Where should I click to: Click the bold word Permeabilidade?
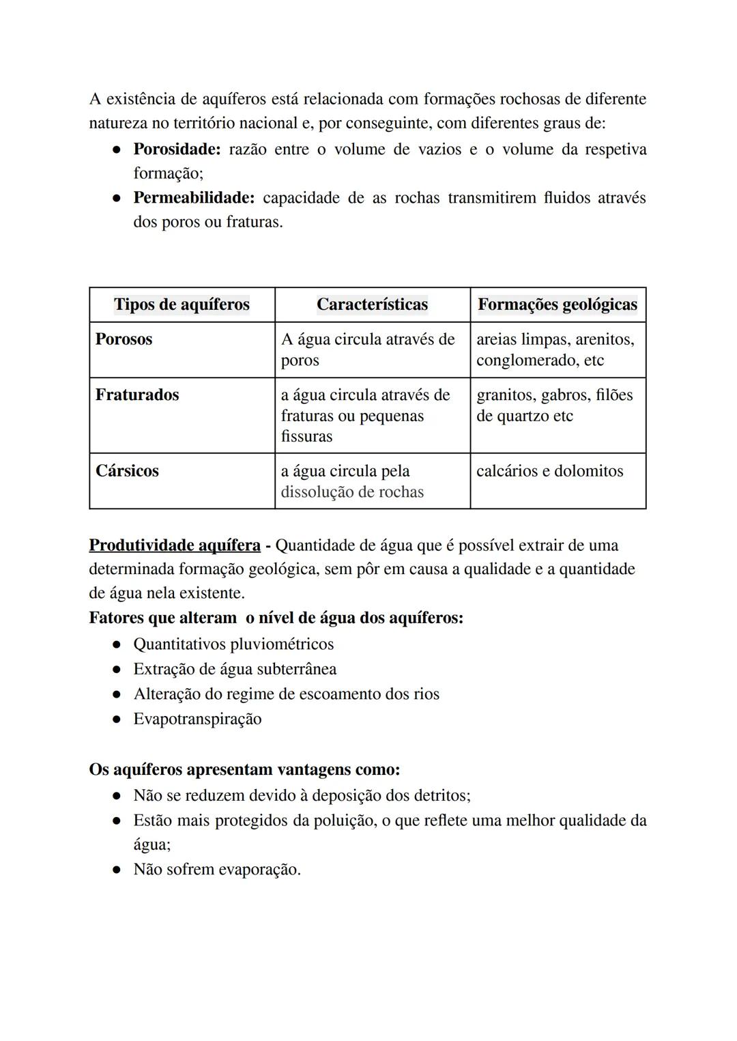(x=194, y=198)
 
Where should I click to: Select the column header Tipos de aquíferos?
(x=182, y=304)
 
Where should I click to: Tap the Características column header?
(x=372, y=304)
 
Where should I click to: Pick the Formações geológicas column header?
(x=557, y=304)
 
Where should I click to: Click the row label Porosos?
(x=124, y=339)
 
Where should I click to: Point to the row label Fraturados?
(x=137, y=395)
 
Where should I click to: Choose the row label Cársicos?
(x=127, y=471)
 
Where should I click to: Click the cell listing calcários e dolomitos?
(x=549, y=471)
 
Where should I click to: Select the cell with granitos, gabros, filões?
(x=554, y=405)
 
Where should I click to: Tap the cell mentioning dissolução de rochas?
(x=352, y=492)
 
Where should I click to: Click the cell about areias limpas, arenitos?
(x=554, y=350)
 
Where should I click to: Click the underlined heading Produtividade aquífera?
(x=175, y=545)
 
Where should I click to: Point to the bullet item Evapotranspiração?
(x=197, y=719)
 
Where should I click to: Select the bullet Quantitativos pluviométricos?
(x=233, y=644)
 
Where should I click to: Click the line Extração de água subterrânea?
(x=235, y=669)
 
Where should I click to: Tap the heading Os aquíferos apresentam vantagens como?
(x=244, y=769)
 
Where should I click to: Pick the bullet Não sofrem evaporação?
(x=217, y=870)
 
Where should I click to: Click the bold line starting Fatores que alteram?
(x=276, y=618)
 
